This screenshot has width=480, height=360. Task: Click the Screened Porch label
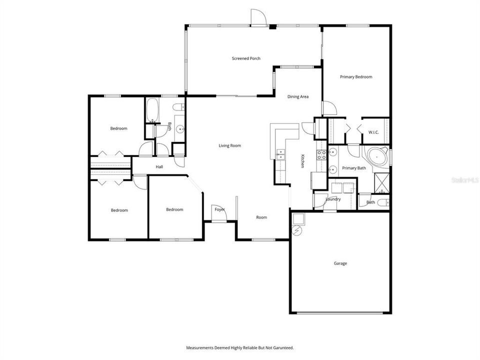[246, 58]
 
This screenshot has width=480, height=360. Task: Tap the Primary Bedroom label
[356, 77]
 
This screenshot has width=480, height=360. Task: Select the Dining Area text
[297, 96]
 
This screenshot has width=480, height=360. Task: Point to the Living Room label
[230, 146]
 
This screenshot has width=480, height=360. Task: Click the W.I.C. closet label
[373, 132]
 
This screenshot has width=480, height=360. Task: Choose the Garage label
[340, 263]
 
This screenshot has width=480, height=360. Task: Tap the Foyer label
[220, 209]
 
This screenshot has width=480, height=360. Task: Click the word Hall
[159, 167]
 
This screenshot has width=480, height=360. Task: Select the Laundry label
[333, 199]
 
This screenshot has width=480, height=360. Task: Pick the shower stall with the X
[382, 182]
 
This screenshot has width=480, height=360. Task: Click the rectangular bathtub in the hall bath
[152, 110]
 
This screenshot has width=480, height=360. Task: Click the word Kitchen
[302, 160]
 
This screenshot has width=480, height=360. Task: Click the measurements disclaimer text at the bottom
[240, 347]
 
